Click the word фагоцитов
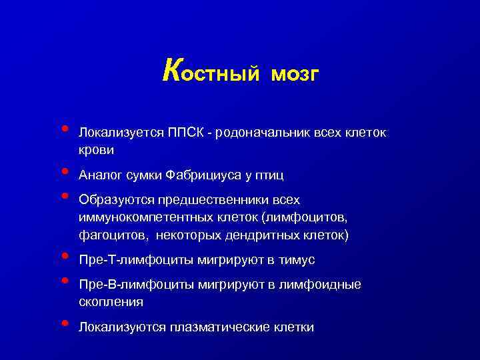click(107, 236)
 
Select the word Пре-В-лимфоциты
click(129, 285)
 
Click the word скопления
click(111, 303)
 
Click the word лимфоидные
click(322, 285)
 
